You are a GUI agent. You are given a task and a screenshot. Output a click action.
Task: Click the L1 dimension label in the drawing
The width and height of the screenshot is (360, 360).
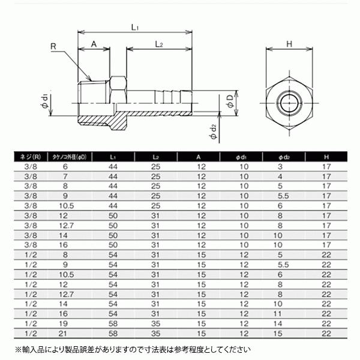click(135, 27)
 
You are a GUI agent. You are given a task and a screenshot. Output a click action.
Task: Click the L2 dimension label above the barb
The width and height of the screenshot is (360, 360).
click(159, 44)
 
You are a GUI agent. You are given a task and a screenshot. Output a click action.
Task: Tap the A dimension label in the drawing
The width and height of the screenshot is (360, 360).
click(94, 44)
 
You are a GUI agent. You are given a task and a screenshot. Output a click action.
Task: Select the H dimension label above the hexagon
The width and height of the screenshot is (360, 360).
click(289, 44)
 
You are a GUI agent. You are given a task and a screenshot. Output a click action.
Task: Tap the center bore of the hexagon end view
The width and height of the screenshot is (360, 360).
click(288, 103)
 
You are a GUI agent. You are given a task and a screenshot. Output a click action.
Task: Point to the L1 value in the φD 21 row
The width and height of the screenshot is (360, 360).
click(113, 333)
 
